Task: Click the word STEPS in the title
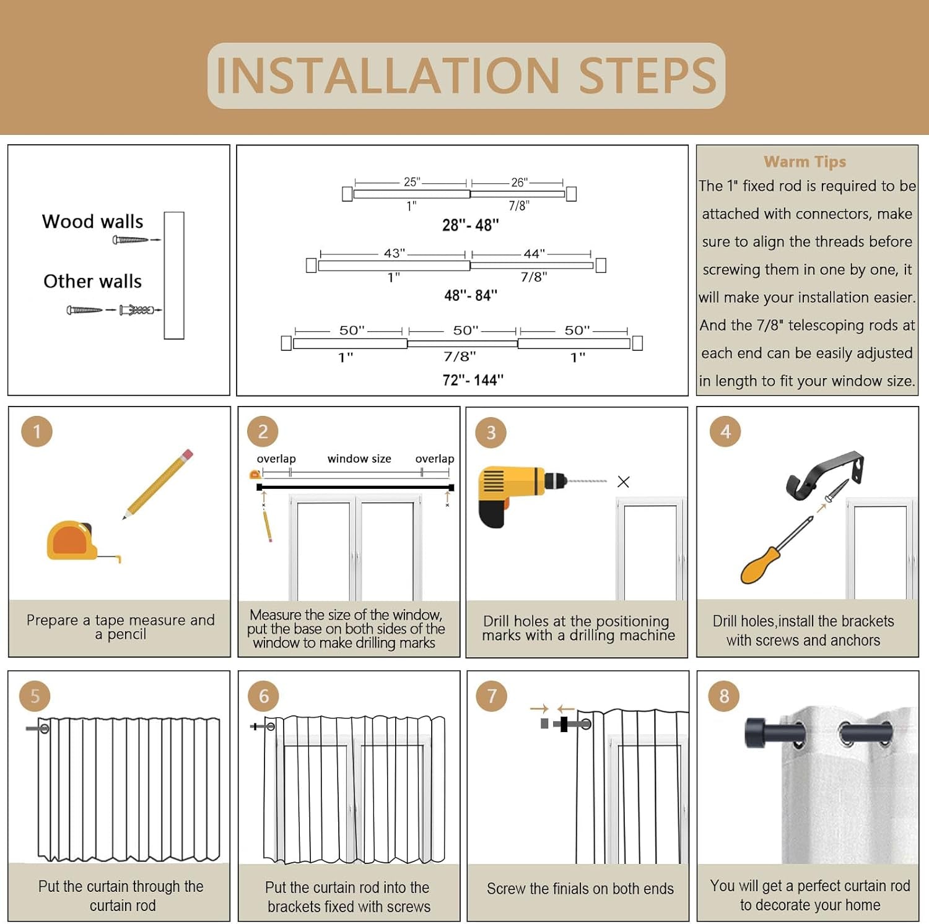click(x=648, y=76)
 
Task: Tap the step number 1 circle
click(x=37, y=431)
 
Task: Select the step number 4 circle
click(x=725, y=431)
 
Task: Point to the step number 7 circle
click(x=492, y=696)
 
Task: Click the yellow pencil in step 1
click(x=159, y=483)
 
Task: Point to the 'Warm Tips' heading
click(x=805, y=162)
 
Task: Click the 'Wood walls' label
click(x=92, y=222)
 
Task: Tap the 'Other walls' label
click(x=92, y=281)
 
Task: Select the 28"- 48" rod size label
click(x=470, y=225)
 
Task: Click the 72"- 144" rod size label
click(x=473, y=379)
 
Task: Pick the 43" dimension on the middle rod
click(x=395, y=253)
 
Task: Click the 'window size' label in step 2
click(x=359, y=459)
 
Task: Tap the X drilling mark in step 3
click(x=623, y=481)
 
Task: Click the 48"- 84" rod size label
click(x=471, y=295)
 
